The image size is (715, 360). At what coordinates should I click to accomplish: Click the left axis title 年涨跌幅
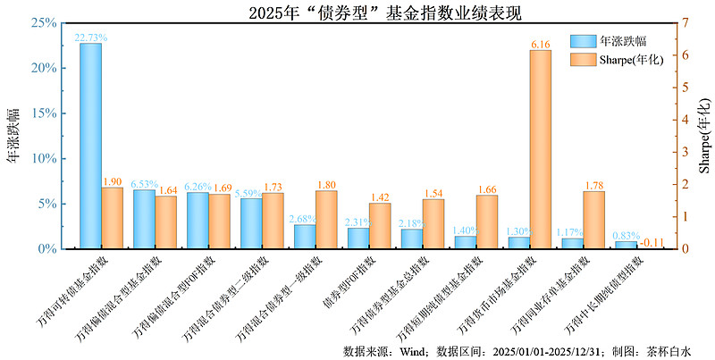[x=13, y=134]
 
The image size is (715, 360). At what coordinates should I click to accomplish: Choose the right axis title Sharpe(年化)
[x=703, y=134]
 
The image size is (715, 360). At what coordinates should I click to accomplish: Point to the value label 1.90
[x=112, y=181]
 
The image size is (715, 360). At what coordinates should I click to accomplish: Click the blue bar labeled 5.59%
[x=251, y=223]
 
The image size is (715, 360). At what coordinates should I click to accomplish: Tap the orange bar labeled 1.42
[x=380, y=225]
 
